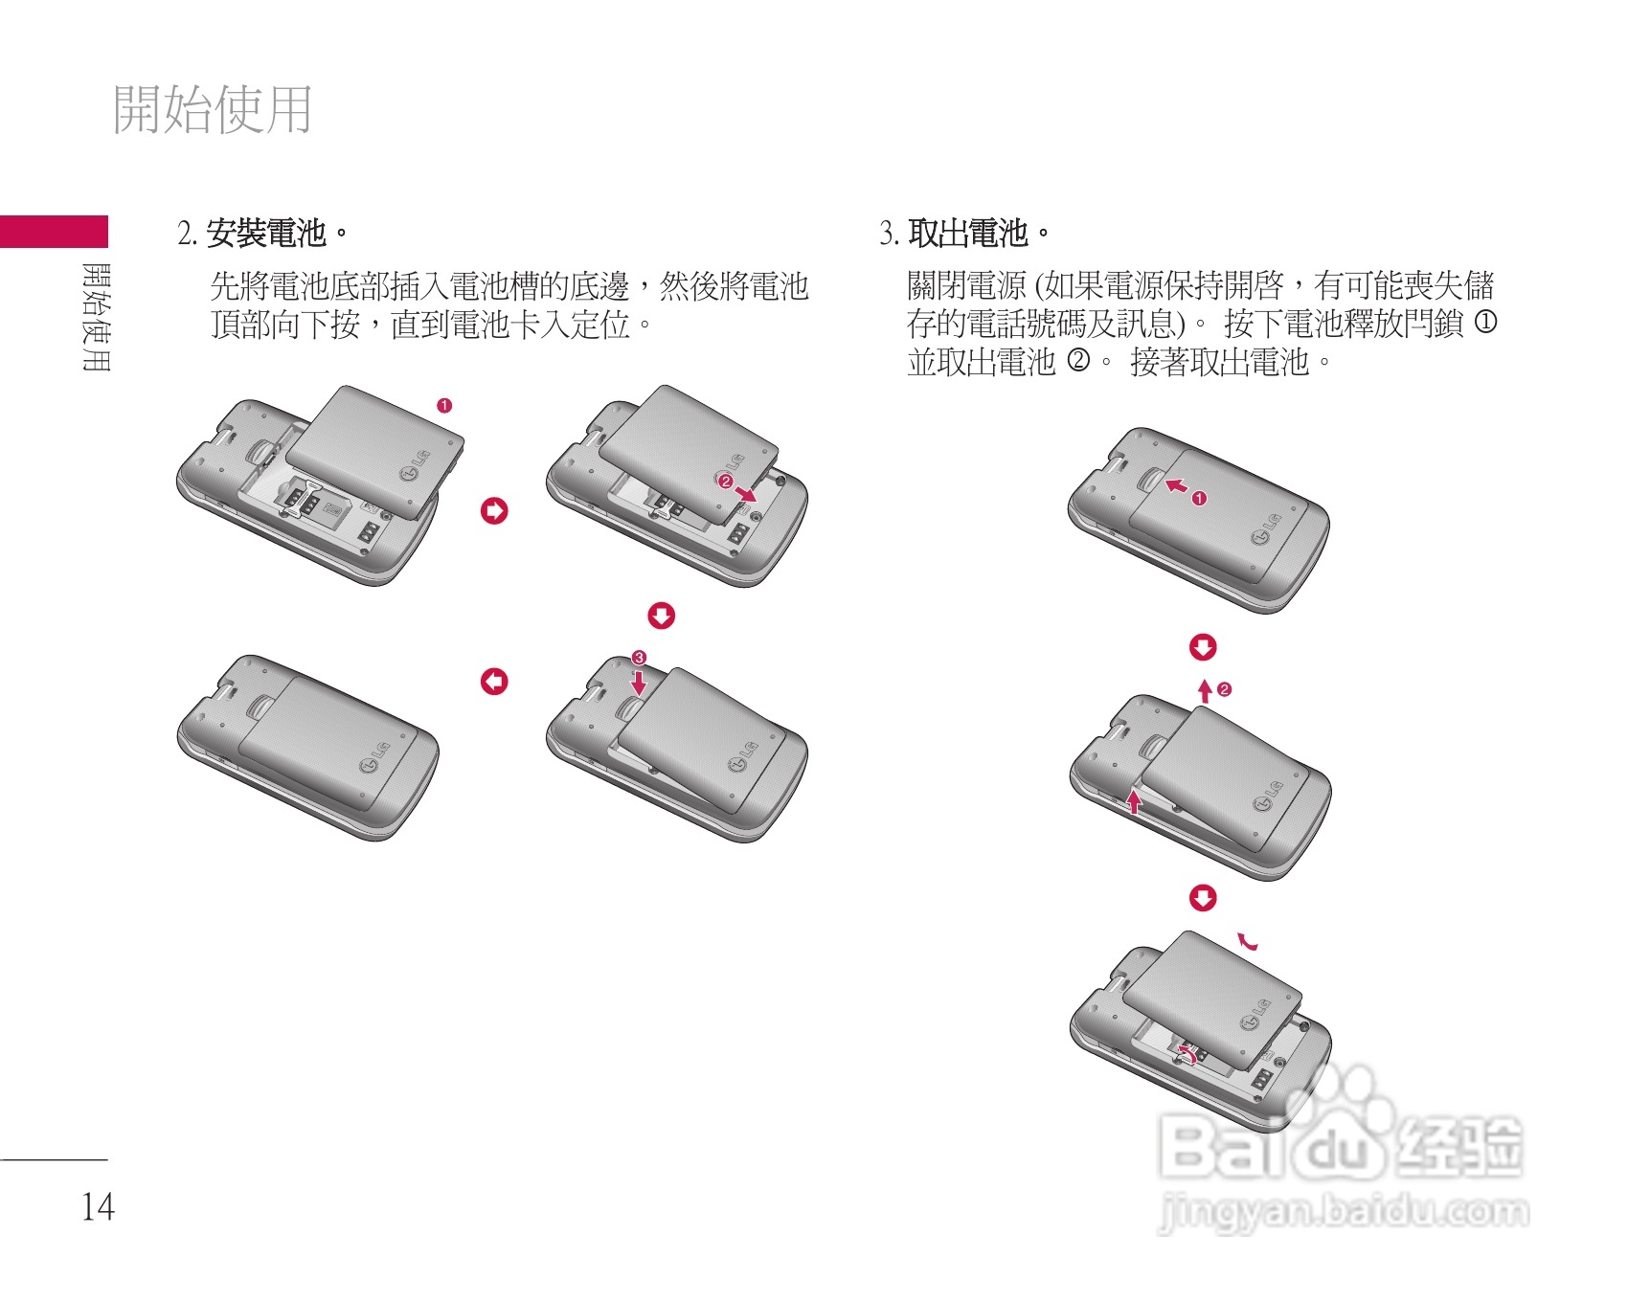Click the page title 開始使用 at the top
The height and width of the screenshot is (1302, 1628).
(x=213, y=109)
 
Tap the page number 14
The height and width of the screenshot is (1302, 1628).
(x=98, y=1207)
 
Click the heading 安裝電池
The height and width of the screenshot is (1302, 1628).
(x=267, y=233)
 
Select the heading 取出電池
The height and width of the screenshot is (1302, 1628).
(x=968, y=233)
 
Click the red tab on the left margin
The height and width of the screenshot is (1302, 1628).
(x=54, y=232)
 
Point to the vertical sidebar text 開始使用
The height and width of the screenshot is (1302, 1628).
(x=97, y=317)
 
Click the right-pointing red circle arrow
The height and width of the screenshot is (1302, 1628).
(x=494, y=511)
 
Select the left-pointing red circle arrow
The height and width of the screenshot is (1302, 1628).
(x=494, y=682)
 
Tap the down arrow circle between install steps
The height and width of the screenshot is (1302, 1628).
(x=662, y=616)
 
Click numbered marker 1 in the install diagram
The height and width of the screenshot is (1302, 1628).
(x=444, y=406)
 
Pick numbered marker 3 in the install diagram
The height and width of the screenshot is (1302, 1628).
(x=639, y=658)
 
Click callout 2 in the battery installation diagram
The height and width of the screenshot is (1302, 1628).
(x=725, y=481)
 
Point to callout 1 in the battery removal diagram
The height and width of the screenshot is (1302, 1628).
(x=1200, y=498)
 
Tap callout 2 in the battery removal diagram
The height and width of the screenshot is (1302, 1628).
(x=1224, y=689)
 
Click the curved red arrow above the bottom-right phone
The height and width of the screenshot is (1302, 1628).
(x=1247, y=942)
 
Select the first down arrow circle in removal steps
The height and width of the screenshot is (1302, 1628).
(x=1203, y=648)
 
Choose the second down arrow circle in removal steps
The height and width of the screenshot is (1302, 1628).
(x=1203, y=898)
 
